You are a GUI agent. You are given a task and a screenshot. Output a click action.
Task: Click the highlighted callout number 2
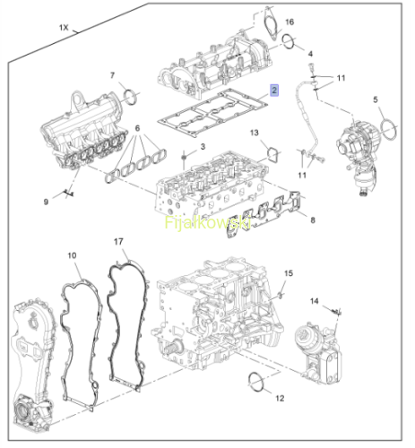coord(274,90)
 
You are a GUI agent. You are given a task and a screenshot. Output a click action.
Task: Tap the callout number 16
coord(290,22)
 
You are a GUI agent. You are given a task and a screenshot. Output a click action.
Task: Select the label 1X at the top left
coord(64,28)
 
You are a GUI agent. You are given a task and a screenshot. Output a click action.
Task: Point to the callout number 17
coord(118,241)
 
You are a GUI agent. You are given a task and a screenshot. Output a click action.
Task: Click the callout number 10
coord(72,255)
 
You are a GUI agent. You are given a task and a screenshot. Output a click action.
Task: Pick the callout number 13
coord(255,133)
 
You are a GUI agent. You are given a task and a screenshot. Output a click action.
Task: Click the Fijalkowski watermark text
coord(207,222)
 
